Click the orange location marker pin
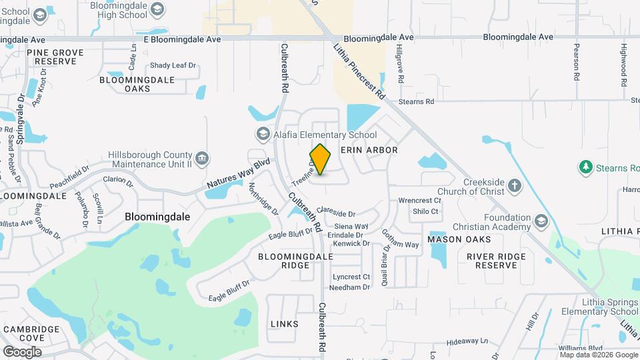point(321,159)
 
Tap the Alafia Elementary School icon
point(263,135)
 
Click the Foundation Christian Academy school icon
point(541,220)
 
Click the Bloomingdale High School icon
point(157,8)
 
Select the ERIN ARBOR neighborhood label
point(369,150)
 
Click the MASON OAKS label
point(459,239)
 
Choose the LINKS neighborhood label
point(285,324)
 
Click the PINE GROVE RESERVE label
point(55,57)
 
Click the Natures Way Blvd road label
point(238,173)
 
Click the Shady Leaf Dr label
point(173,65)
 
